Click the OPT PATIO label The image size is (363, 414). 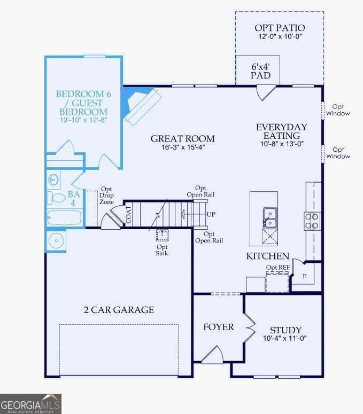click(280, 28)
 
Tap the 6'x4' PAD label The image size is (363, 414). click(260, 71)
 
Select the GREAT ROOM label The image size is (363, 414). click(182, 138)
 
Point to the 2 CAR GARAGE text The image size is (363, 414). click(119, 310)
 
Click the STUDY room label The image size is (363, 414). click(285, 330)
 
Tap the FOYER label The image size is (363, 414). click(218, 327)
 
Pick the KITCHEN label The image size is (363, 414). click(268, 256)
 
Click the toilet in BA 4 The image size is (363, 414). click(56, 198)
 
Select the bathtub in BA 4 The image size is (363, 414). click(65, 217)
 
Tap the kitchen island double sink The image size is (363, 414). click(270, 218)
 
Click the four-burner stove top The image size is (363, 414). click(312, 221)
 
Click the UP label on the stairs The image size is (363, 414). click(211, 214)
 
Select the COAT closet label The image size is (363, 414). click(128, 215)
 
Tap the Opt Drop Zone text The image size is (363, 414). click(106, 196)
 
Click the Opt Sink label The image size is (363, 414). click(161, 250)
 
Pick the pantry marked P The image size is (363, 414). click(305, 276)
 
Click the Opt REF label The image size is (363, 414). click(277, 268)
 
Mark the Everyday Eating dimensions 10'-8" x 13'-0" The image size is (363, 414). click(282, 144)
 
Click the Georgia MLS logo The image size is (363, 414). click(30, 404)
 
